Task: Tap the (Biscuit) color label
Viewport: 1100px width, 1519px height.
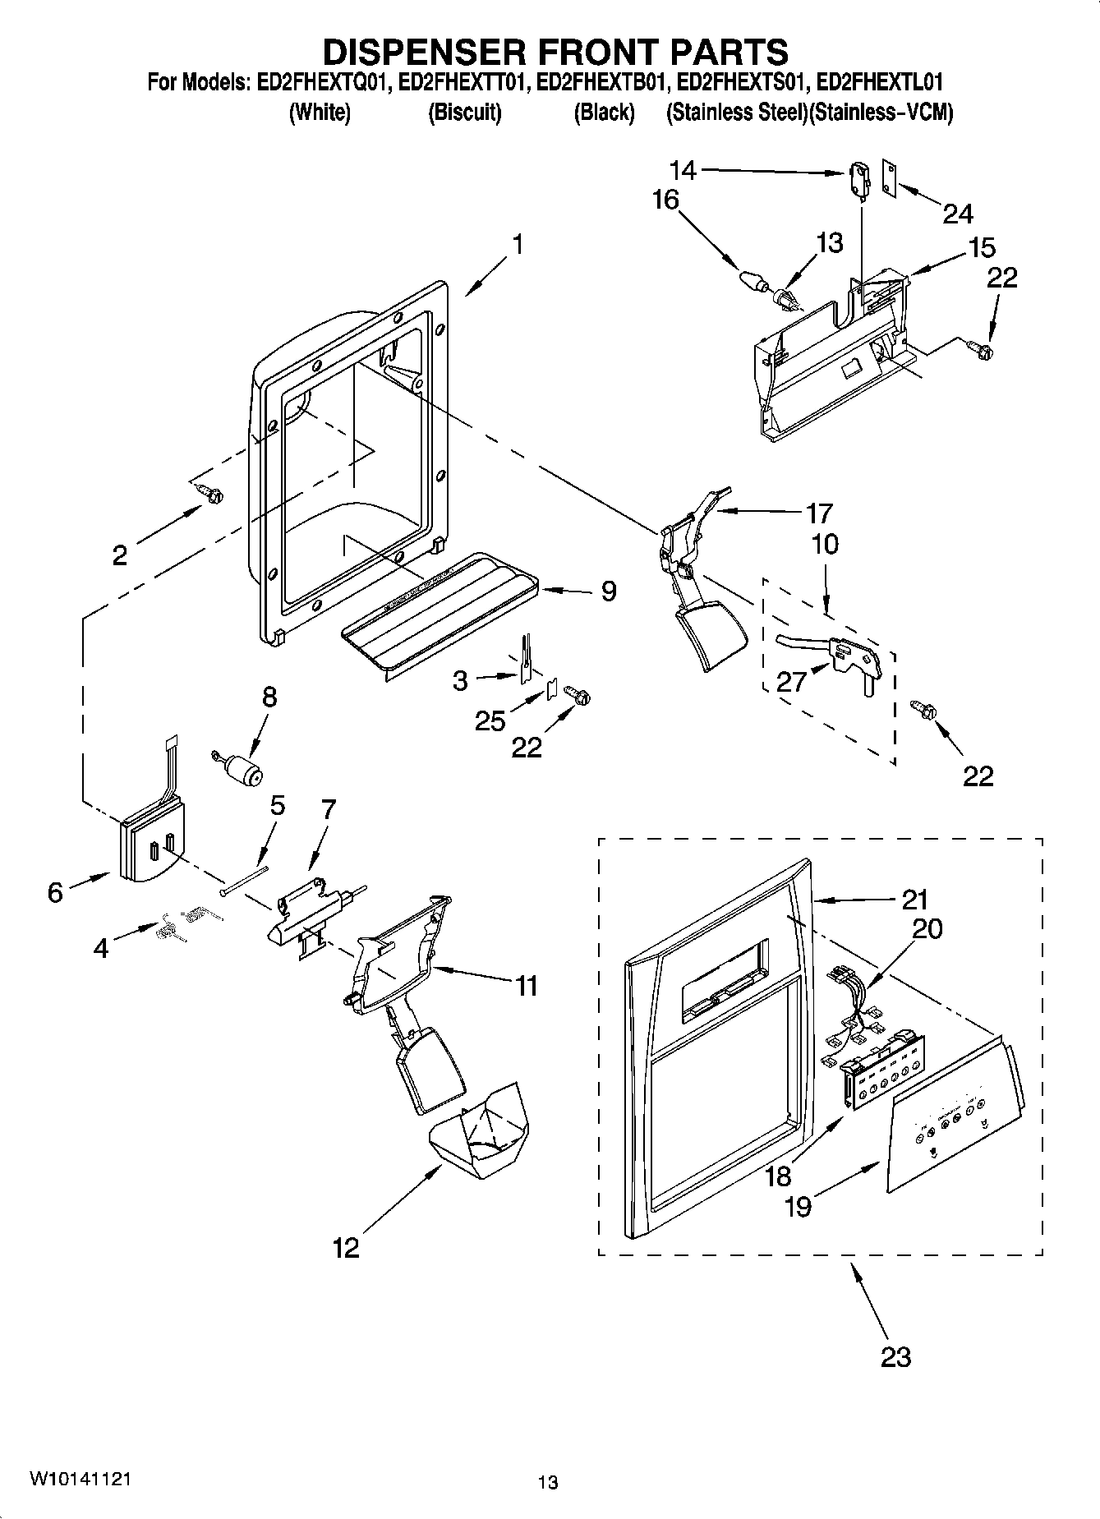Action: pos(464,113)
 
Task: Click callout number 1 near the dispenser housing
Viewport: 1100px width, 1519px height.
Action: pos(517,245)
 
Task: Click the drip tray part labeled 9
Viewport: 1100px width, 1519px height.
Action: pos(444,612)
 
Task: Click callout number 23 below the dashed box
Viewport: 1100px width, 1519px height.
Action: pos(895,1355)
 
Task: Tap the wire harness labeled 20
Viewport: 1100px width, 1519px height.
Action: pos(850,998)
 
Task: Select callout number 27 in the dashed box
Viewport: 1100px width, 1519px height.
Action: pos(792,681)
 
